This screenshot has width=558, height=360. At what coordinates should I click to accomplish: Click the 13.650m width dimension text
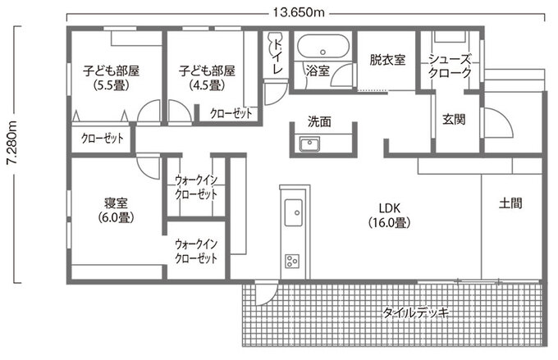point(296,11)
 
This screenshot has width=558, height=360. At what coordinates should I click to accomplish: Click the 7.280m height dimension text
point(11,156)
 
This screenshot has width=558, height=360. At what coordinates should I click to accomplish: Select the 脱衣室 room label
point(387,59)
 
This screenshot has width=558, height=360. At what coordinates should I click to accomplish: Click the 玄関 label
point(454,119)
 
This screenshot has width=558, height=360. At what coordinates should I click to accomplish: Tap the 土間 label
point(510,203)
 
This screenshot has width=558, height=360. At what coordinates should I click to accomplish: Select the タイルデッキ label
point(416,312)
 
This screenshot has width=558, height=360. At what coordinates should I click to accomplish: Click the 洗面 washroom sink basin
point(309,145)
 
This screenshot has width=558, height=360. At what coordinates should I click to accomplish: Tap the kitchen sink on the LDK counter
point(292,214)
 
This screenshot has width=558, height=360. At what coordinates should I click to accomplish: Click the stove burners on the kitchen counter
point(292,261)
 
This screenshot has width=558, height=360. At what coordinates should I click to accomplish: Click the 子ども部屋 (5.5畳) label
point(111,77)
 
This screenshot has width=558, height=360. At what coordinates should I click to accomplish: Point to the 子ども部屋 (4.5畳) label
point(207,77)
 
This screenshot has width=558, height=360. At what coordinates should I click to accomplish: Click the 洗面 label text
point(319,121)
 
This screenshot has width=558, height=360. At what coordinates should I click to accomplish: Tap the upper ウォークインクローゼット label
point(196,188)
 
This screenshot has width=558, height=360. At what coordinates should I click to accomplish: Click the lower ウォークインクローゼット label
point(196,251)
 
